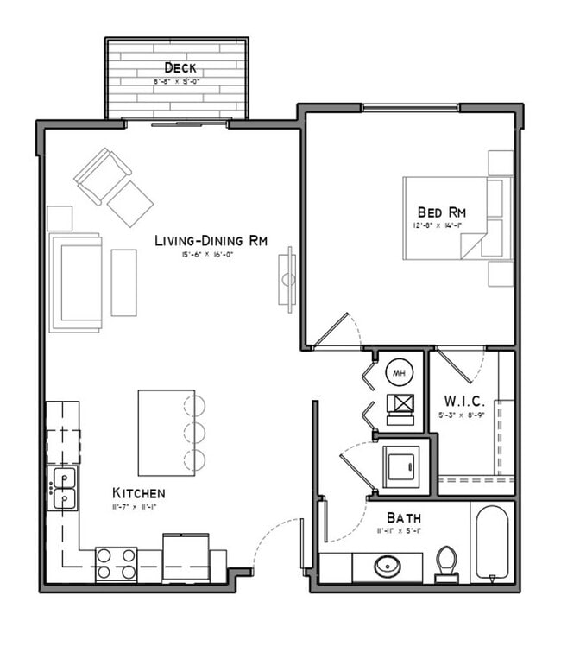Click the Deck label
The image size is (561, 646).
pyautogui.click(x=180, y=67)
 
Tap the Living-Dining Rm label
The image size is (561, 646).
pyautogui.click(x=211, y=240)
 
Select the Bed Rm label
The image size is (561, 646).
pyautogui.click(x=442, y=212)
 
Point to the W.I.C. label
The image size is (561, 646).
pyautogui.click(x=463, y=401)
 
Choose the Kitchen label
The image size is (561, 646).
pyautogui.click(x=138, y=493)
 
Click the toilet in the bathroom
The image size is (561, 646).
pyautogui.click(x=446, y=562)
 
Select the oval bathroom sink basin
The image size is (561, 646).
pyautogui.click(x=386, y=567)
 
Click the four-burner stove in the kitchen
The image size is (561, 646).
pyautogui.click(x=116, y=563)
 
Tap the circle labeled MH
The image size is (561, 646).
pyautogui.click(x=398, y=373)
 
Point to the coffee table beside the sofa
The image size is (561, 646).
pyautogui.click(x=123, y=282)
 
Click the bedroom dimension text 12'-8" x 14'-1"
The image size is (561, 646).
pyautogui.click(x=441, y=226)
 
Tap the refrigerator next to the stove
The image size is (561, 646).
pyautogui.click(x=186, y=559)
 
